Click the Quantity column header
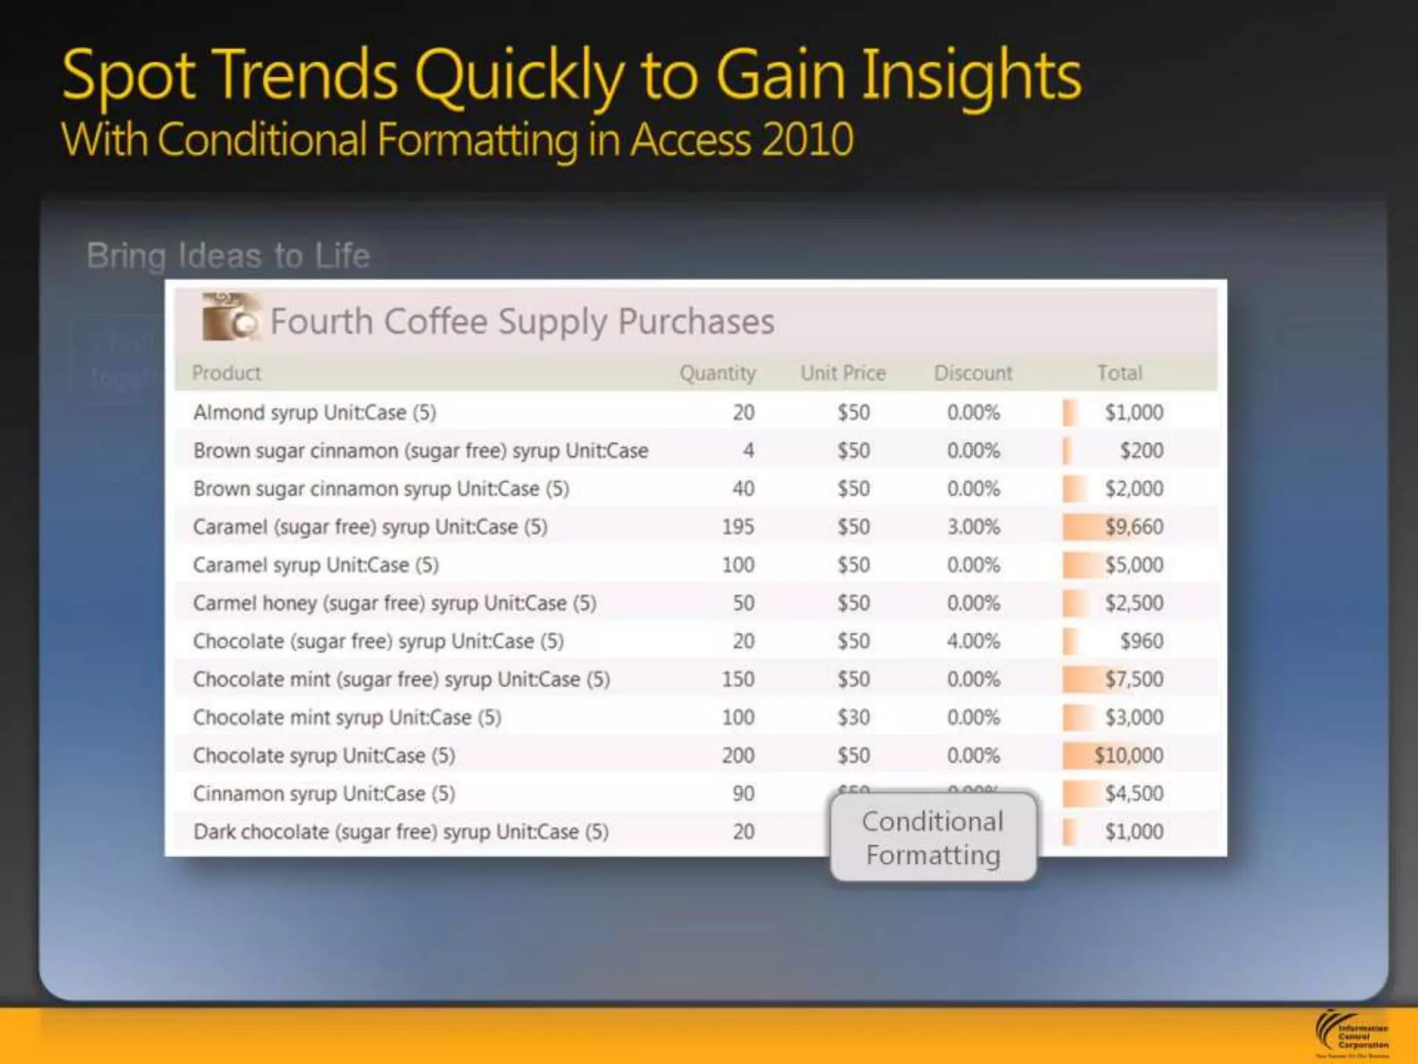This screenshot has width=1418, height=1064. [717, 373]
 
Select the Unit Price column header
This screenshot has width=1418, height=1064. [843, 373]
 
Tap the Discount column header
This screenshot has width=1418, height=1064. [973, 373]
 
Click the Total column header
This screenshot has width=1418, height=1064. [1119, 373]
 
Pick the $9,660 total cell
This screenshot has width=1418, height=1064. [1133, 527]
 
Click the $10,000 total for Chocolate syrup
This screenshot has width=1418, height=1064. [1128, 756]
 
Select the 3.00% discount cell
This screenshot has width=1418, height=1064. [973, 527]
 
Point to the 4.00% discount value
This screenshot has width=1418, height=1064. [973, 641]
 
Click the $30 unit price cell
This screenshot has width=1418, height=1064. [853, 718]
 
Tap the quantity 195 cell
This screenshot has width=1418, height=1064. [737, 527]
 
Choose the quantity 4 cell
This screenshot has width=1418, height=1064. [748, 451]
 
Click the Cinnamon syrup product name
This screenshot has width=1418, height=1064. [324, 794]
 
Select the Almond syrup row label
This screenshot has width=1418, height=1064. [314, 413]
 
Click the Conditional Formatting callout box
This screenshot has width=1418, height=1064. [933, 837]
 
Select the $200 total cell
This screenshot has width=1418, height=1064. [1141, 451]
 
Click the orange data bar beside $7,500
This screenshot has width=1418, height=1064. [1081, 680]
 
